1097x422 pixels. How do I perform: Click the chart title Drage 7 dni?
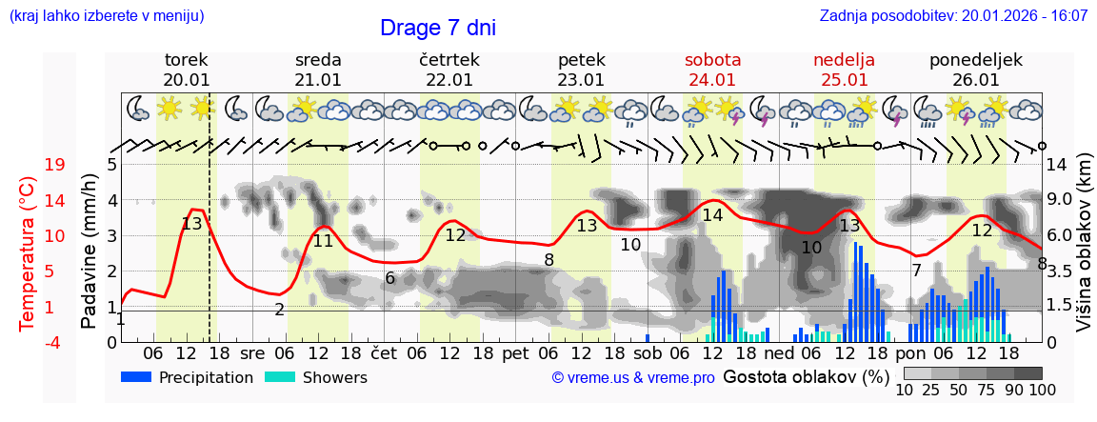(437, 28)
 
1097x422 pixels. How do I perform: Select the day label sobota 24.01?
(712, 70)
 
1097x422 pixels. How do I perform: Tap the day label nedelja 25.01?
(844, 70)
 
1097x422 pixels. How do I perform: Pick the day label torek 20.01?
(187, 70)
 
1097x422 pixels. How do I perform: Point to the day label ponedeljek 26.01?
(975, 70)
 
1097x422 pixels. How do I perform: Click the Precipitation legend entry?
(187, 377)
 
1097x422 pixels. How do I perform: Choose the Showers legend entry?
(315, 377)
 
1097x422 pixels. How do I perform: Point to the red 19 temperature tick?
(55, 165)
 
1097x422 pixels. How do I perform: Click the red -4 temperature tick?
(55, 342)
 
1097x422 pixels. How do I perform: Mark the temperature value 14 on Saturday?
(712, 215)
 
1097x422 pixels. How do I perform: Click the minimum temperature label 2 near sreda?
(279, 310)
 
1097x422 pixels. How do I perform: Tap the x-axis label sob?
(647, 352)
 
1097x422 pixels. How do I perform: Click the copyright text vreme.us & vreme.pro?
(633, 377)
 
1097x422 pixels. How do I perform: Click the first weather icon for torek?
(139, 109)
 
